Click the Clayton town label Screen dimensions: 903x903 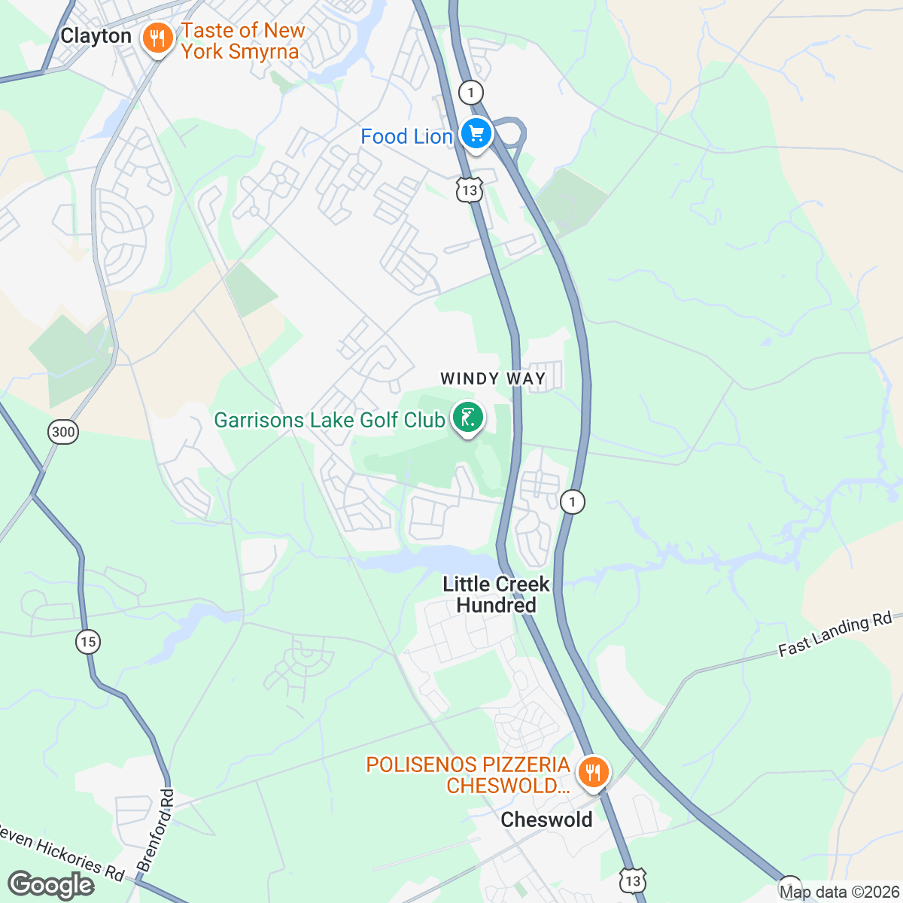click(x=96, y=36)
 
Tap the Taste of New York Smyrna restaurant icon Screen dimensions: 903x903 click(x=157, y=38)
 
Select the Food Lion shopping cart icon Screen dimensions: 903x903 click(x=476, y=135)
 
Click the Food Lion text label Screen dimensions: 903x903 click(x=406, y=137)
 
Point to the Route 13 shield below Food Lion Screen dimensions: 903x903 click(x=470, y=190)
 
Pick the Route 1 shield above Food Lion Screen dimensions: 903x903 click(x=470, y=93)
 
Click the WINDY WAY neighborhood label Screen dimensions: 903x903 click(x=492, y=379)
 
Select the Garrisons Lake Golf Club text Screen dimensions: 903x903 click(x=330, y=420)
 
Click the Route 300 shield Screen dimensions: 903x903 click(x=63, y=431)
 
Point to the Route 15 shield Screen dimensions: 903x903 click(x=88, y=642)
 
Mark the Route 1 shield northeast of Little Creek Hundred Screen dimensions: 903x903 click(x=573, y=501)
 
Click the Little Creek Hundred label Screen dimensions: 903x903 click(x=496, y=594)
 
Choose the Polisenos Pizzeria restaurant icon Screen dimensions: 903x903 click(x=594, y=772)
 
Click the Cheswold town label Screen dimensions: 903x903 click(x=546, y=819)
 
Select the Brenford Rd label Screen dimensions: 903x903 click(x=155, y=831)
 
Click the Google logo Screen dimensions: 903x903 click(x=51, y=885)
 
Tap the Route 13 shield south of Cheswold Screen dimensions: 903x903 click(x=633, y=880)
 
